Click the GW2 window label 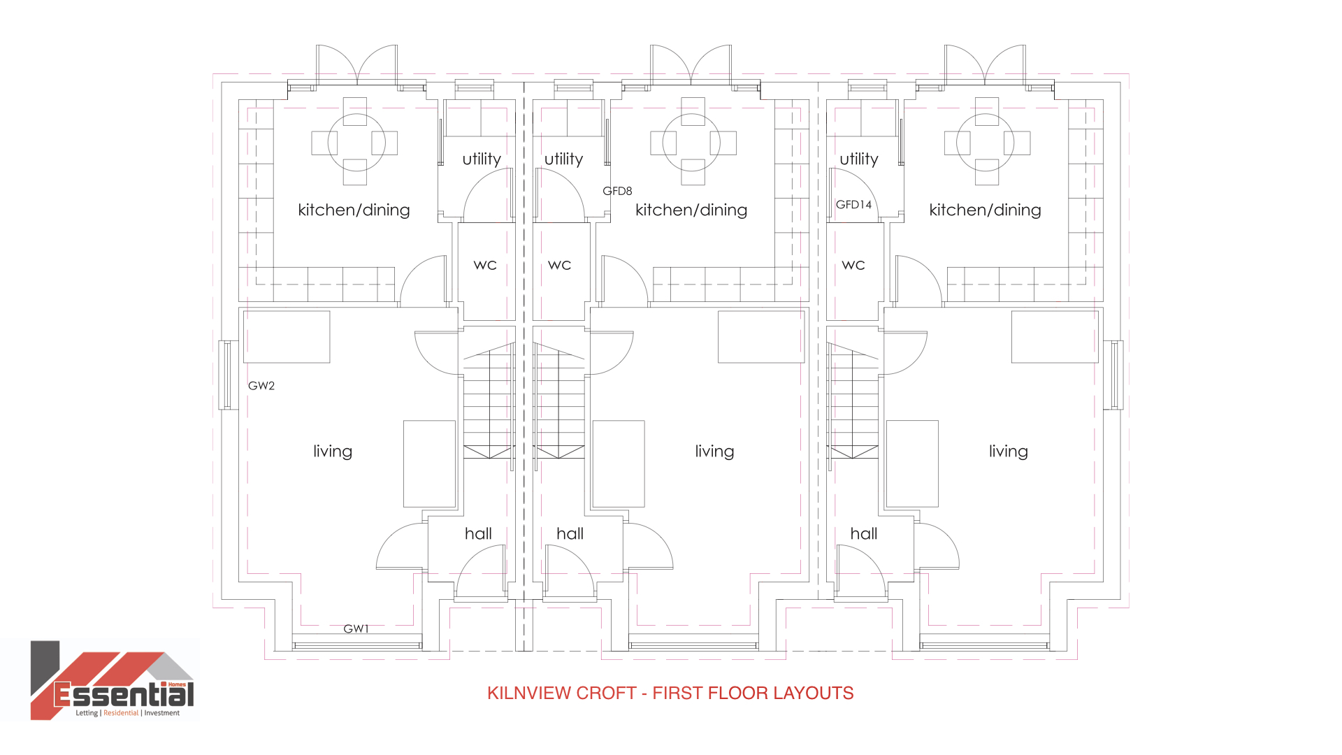[x=261, y=385]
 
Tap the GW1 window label [x=356, y=629]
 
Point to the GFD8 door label [x=617, y=191]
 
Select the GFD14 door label [x=854, y=205]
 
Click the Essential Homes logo [x=113, y=680]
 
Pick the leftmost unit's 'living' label [x=333, y=452]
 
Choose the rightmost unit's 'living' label [x=1009, y=452]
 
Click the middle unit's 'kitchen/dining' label [x=691, y=210]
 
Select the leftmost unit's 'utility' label [x=482, y=159]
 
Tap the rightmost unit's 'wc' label [x=853, y=265]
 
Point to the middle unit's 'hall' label [x=570, y=533]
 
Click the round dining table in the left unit [x=355, y=142]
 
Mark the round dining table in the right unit [x=986, y=142]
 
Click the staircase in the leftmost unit [x=489, y=401]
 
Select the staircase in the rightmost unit [x=853, y=401]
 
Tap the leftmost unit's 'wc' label [x=485, y=265]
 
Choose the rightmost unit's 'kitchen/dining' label [x=985, y=210]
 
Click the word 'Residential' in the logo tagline [x=121, y=713]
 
